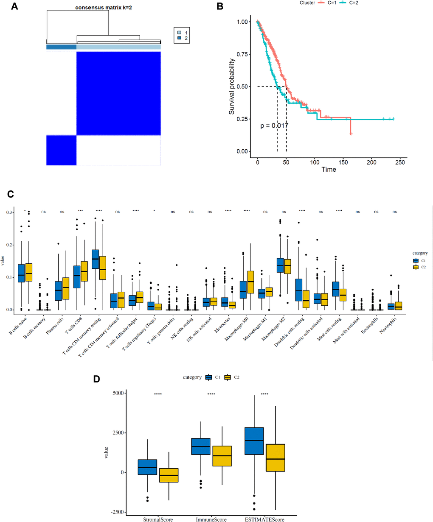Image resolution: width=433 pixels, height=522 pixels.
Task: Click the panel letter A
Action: click(14, 7)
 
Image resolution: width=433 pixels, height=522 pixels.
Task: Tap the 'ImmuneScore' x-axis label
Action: click(211, 519)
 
